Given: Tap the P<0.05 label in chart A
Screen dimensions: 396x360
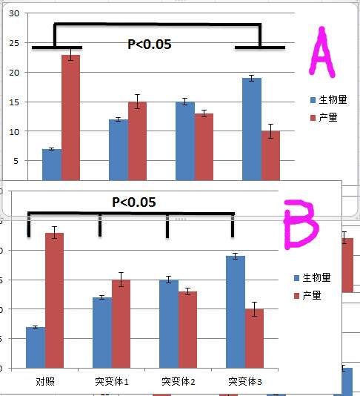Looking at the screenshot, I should click(x=150, y=44).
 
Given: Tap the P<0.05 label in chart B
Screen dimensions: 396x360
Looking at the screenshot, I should click(x=134, y=202).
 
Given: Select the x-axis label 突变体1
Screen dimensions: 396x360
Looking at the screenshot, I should click(x=111, y=382).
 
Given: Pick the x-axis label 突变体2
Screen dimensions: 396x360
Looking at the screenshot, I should click(x=178, y=382).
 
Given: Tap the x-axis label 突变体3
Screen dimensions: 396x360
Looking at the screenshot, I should click(x=244, y=382).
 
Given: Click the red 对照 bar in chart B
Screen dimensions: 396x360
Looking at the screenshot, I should click(x=54, y=300).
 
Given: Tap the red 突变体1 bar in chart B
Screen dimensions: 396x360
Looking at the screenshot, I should click(x=121, y=323).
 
